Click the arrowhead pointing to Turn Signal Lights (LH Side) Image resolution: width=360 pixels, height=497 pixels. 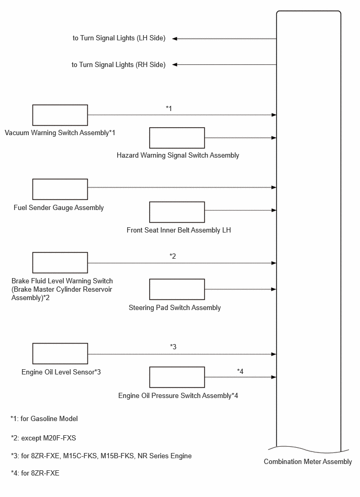coord(174,39)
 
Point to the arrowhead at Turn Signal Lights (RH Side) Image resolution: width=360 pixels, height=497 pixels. coord(174,64)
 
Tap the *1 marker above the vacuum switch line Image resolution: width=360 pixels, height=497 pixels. coord(169,108)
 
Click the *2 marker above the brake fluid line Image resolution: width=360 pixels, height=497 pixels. coord(173,256)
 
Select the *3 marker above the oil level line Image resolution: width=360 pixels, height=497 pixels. coord(173,347)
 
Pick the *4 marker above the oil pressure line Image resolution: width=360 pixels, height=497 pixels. coord(240,371)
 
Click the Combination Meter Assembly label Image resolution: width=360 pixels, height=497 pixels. coord(308,462)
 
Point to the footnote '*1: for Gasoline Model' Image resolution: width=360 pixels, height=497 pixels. coord(44,419)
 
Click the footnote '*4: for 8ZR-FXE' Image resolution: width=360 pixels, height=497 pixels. coord(35,473)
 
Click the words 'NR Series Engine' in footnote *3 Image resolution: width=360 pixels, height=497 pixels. coord(165,456)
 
